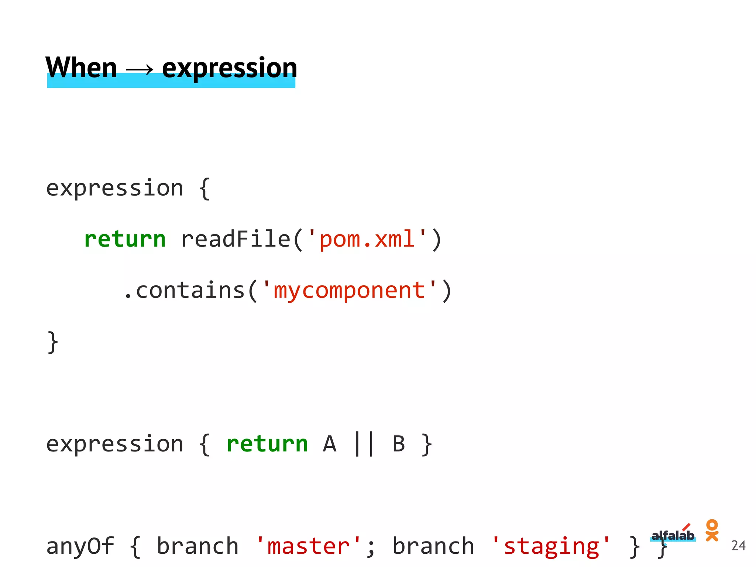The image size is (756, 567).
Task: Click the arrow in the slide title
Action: point(140,69)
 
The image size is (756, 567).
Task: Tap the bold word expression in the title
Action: point(229,68)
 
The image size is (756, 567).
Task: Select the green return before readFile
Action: point(125,239)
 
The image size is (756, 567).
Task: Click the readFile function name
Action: point(236,239)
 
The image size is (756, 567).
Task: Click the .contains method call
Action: point(185,290)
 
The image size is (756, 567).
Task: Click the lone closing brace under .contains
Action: point(53,342)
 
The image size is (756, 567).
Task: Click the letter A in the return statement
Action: point(330,444)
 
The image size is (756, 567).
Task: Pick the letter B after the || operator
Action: point(399,444)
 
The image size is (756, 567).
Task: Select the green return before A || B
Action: point(267,444)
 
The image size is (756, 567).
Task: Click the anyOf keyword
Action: point(80,546)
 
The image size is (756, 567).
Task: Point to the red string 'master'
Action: point(309,546)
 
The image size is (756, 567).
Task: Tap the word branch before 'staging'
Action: point(433,546)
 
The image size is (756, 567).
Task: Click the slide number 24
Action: point(738,545)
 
